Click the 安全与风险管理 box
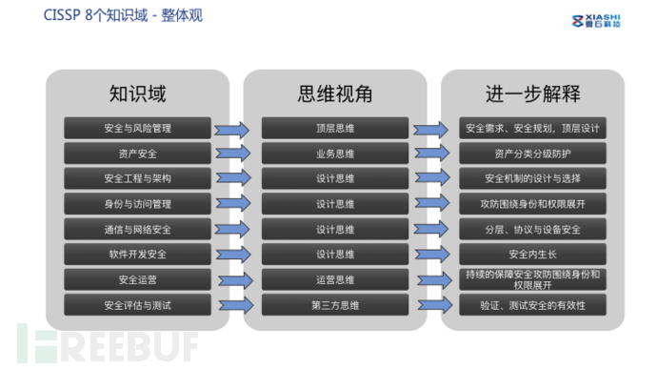click(138, 128)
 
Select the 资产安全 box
click(138, 153)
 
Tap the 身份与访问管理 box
click(138, 203)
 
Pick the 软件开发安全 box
click(138, 254)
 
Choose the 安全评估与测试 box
click(138, 304)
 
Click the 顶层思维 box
click(334, 128)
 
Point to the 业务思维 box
click(334, 153)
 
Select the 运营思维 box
click(334, 279)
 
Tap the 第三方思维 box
click(334, 304)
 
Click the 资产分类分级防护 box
click(532, 153)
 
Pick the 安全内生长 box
click(532, 254)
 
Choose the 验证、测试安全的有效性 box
click(532, 304)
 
